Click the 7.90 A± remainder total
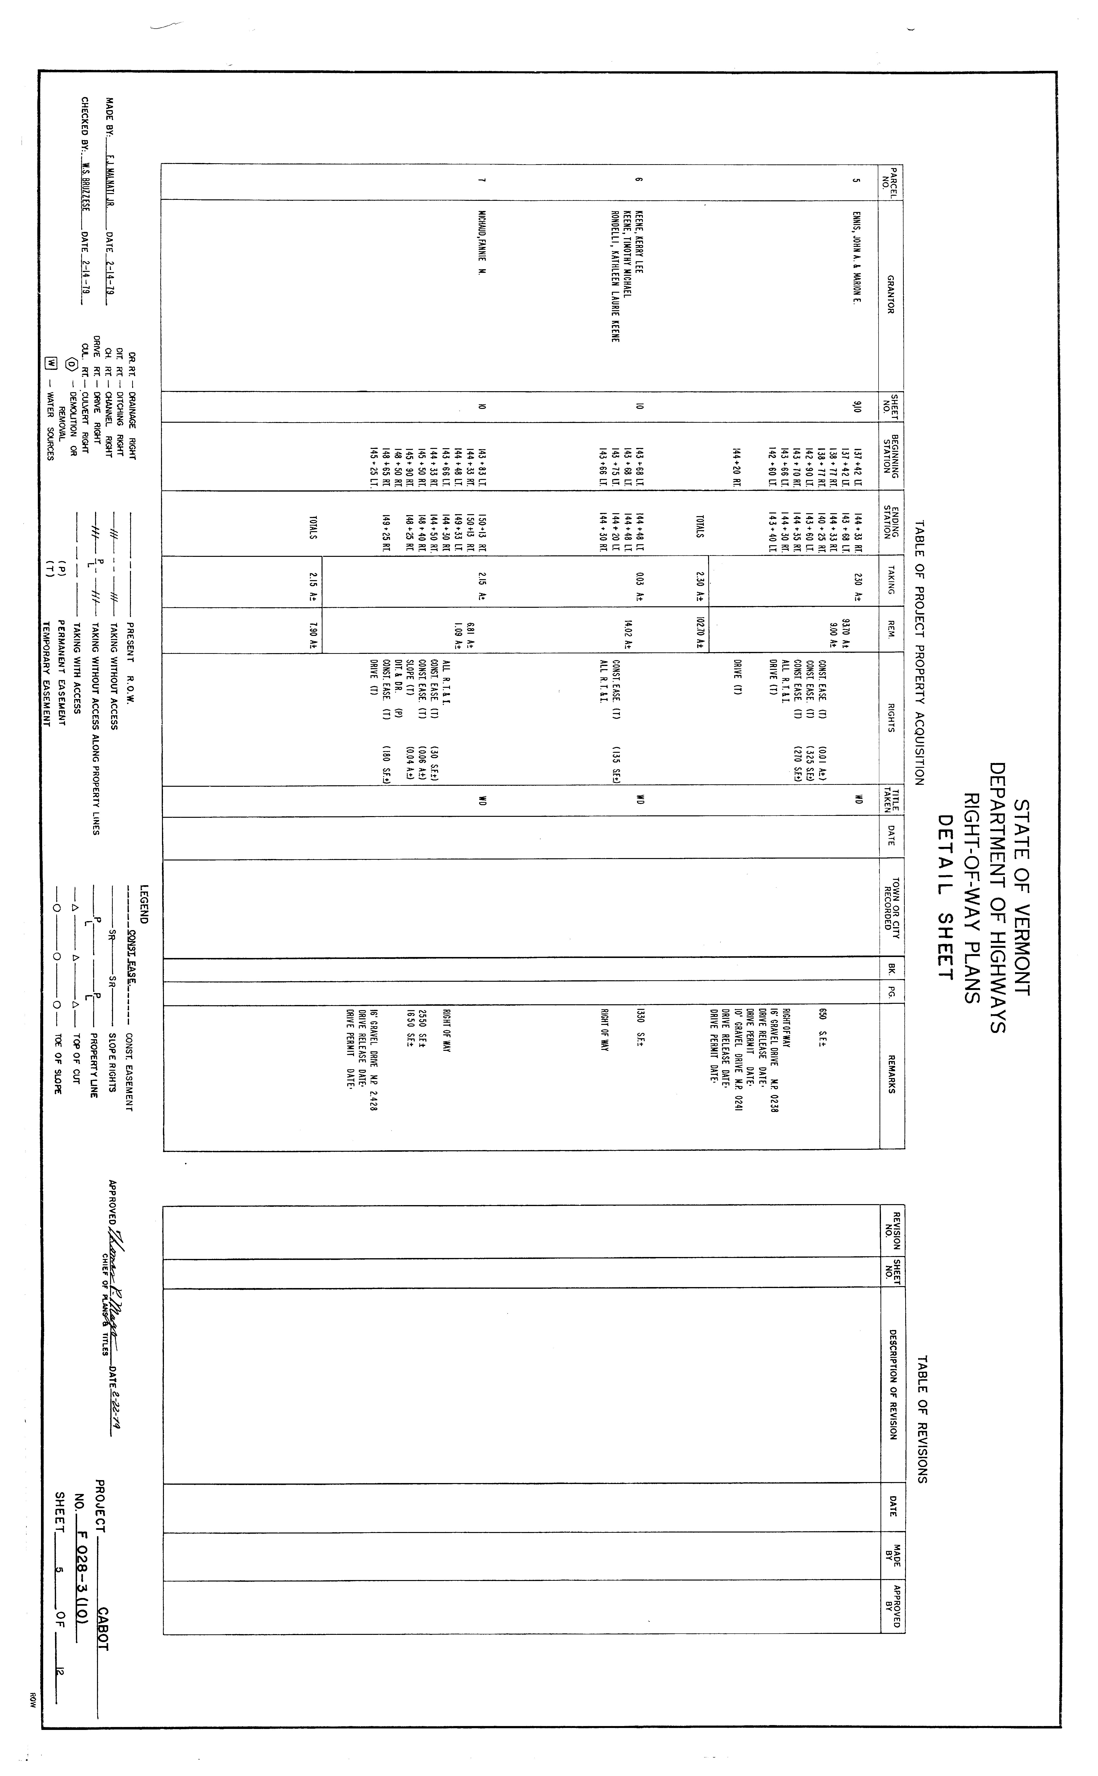coord(313,630)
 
